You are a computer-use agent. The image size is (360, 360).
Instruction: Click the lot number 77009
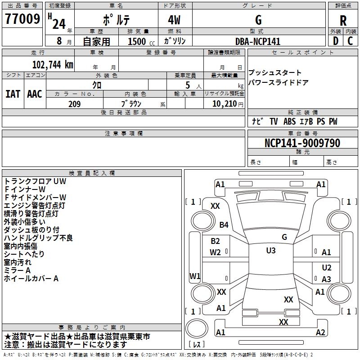click(22, 19)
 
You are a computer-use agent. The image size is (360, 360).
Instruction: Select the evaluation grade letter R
click(343, 20)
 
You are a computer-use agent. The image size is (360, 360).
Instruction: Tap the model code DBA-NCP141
click(258, 41)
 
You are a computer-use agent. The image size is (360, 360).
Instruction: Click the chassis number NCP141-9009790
click(302, 143)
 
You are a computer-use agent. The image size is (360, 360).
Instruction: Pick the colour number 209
click(74, 104)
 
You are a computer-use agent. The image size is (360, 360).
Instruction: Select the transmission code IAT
click(13, 94)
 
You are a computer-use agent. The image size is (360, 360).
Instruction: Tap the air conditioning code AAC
click(35, 94)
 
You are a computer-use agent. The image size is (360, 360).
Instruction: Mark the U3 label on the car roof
click(270, 251)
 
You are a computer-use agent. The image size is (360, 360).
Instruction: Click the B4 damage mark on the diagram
click(224, 225)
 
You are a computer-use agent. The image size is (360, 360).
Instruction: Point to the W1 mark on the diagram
click(195, 276)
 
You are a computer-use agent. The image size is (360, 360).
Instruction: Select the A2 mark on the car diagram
click(320, 332)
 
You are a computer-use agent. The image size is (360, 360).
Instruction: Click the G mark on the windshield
click(284, 237)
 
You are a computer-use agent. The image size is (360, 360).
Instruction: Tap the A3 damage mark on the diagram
click(326, 279)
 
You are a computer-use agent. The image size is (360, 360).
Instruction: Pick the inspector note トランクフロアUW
click(35, 181)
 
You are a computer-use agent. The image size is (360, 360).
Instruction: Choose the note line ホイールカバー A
click(31, 279)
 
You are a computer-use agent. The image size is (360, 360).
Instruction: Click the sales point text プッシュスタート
click(275, 73)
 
